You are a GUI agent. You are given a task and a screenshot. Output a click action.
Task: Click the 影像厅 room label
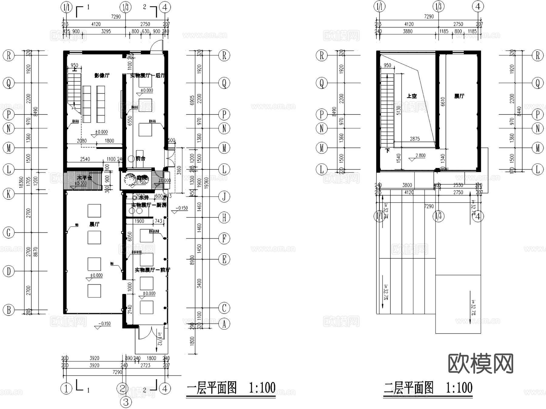[102, 75]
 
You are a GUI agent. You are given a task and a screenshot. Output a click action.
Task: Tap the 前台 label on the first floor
[140, 158]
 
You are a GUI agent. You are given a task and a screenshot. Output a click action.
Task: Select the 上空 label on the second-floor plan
[412, 96]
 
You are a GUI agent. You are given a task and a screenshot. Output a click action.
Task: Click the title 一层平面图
[212, 388]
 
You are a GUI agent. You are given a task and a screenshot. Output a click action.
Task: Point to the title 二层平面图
[409, 388]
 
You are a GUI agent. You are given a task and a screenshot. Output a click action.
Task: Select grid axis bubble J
[224, 196]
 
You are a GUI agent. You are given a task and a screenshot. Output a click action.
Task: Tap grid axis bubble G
[8, 233]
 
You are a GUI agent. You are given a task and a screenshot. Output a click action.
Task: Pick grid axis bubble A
[224, 324]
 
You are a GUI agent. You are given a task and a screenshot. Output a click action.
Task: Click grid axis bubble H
[224, 217]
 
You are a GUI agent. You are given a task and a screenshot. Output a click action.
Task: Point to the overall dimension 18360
[21, 182]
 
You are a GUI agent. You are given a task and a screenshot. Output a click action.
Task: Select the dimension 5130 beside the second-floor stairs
[399, 110]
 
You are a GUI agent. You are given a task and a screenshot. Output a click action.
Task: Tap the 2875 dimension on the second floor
[415, 139]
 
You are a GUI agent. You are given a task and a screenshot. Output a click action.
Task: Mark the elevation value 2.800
[420, 155]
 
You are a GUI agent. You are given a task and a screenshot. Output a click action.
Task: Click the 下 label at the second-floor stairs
[387, 151]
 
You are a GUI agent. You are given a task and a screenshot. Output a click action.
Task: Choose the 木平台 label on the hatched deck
[84, 178]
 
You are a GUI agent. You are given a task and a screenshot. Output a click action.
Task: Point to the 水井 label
[143, 198]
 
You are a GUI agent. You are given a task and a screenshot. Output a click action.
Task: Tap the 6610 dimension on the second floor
[443, 101]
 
